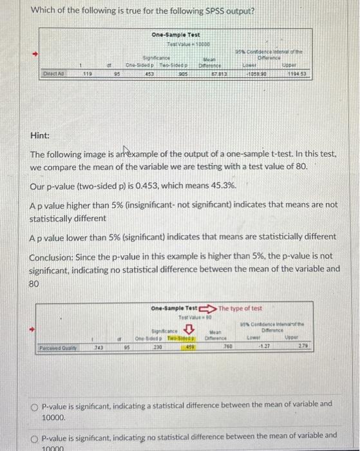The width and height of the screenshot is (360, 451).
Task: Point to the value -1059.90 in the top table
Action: pos(256,73)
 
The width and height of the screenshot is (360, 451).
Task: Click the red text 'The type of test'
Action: pos(241,308)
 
